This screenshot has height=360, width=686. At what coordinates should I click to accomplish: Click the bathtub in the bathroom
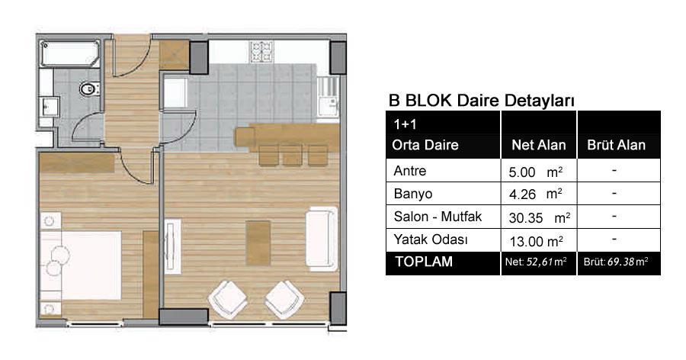[69, 53]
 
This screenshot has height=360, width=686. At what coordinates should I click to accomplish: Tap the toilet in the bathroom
[89, 89]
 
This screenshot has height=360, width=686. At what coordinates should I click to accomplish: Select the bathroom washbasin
[49, 107]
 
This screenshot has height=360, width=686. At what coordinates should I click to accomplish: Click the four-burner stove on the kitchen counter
[261, 52]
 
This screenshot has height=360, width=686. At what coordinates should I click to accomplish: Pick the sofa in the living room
[322, 238]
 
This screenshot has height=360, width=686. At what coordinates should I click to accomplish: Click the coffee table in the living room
[258, 243]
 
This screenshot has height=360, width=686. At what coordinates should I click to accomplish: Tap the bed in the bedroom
[81, 265]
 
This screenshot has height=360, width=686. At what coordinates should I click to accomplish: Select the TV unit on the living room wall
[173, 246]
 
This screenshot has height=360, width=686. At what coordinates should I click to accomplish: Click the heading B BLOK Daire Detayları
[481, 100]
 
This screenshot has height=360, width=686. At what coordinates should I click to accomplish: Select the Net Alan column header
[539, 145]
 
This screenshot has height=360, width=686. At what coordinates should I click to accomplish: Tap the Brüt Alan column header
[616, 145]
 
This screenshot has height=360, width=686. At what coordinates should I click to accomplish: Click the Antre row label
[410, 170]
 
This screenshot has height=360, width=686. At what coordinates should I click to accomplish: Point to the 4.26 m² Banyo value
[536, 194]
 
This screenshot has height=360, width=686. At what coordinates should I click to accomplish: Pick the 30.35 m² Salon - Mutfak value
[540, 217]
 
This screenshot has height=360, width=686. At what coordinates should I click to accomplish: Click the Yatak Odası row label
[431, 239]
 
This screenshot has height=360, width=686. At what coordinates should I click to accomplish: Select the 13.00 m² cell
[536, 241]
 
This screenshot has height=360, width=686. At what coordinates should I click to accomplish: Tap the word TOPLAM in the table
[424, 262]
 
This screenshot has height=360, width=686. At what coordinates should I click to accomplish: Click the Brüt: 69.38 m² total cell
[616, 262]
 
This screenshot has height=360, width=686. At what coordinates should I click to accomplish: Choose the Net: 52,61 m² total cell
[536, 262]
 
